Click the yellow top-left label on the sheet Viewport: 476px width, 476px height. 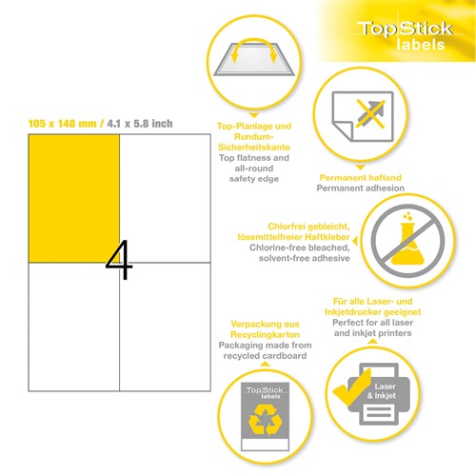[74, 197]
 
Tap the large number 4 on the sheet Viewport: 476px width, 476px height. [118, 260]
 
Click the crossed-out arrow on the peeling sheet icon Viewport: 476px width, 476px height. [366, 117]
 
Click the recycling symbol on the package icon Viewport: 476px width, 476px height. [262, 416]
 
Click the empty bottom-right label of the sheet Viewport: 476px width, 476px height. [163, 327]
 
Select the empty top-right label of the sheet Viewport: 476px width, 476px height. [163, 197]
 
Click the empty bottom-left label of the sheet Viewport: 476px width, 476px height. [74, 327]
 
